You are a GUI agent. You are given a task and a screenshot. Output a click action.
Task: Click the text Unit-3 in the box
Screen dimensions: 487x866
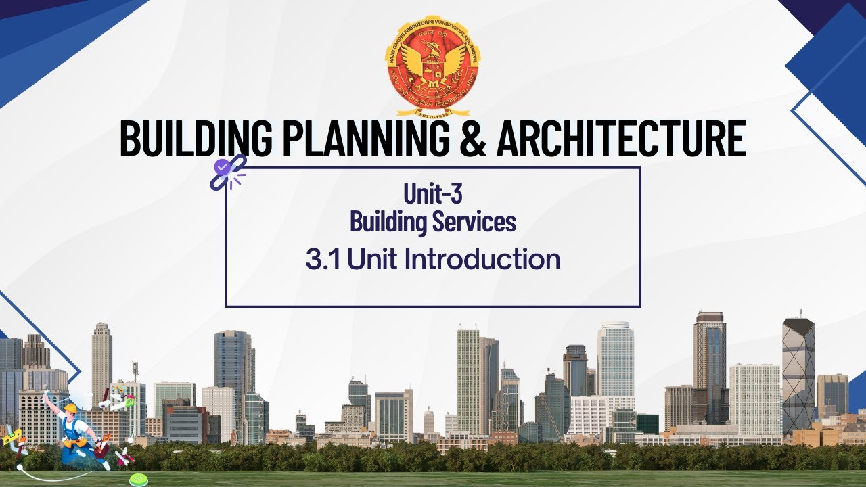pos(433,194)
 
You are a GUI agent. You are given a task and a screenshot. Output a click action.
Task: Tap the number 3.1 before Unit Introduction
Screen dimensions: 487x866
pos(323,260)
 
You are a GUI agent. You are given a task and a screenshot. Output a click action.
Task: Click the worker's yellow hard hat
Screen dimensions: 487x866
pos(70,408)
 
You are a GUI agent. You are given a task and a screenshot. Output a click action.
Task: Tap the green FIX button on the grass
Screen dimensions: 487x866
pos(139,480)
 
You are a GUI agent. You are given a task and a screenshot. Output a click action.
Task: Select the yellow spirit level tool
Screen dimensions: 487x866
pos(12,436)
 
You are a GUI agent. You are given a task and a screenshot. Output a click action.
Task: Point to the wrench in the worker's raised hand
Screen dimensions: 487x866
pos(45,395)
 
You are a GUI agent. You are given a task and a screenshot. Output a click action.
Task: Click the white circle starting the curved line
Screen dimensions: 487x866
pos(20,467)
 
